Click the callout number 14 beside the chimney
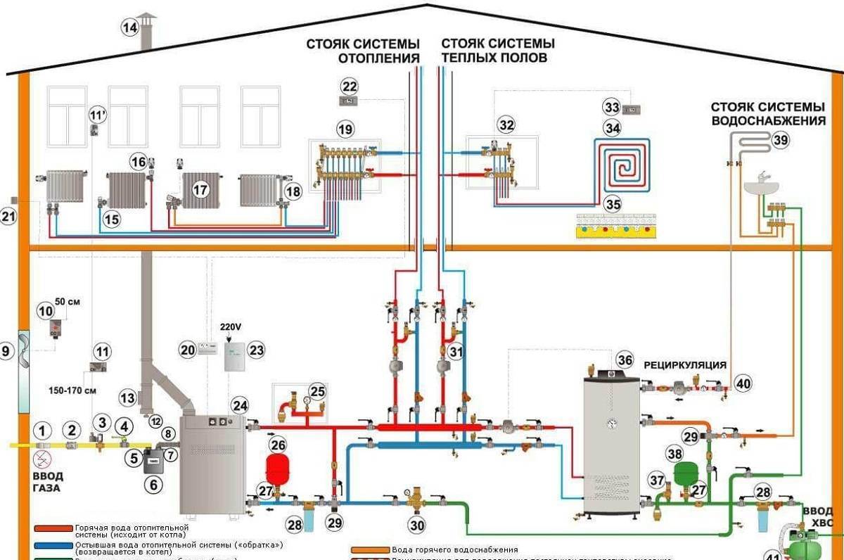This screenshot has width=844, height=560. pos(129,28)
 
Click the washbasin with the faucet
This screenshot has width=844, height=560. pos(762,185)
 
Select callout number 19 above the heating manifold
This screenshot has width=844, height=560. pos(345,129)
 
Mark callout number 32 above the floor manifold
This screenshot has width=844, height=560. pos(506,125)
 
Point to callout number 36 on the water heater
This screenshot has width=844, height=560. pos(625,359)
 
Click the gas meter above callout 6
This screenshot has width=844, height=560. pos(152,461)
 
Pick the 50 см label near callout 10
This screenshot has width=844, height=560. pos(68,302)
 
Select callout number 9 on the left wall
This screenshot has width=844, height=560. pos(7,350)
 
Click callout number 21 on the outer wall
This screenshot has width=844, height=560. pos(8,217)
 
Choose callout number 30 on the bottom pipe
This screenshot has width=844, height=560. pos(418,524)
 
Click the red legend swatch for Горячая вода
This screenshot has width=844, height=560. pos(54,528)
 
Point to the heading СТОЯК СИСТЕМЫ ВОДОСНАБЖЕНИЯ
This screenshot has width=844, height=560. pos(767,114)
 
